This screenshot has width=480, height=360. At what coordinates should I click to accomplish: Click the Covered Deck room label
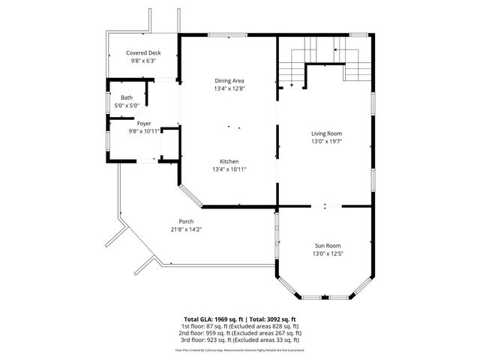click(x=143, y=53)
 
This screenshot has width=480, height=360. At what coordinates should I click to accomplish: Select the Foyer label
click(x=143, y=122)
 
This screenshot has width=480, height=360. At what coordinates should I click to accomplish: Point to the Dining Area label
click(x=229, y=80)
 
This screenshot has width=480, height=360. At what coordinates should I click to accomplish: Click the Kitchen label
click(x=229, y=161)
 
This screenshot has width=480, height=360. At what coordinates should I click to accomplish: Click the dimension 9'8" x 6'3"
click(x=143, y=61)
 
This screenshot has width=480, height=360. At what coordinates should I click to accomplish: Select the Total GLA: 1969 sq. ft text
click(x=211, y=319)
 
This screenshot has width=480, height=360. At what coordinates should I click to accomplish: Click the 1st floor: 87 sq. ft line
click(x=239, y=327)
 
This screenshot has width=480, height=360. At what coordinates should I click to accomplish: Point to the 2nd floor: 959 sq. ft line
click(x=239, y=333)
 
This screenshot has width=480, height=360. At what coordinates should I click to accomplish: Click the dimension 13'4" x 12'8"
click(x=229, y=88)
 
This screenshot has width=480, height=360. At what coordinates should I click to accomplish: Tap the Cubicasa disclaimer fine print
click(x=239, y=349)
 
